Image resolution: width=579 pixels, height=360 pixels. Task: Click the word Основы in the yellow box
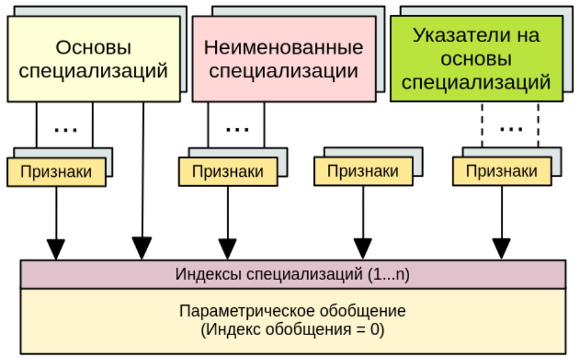[93, 47]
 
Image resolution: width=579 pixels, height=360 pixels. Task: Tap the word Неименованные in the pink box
[283, 47]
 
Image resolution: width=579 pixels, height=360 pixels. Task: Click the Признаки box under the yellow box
[56, 172]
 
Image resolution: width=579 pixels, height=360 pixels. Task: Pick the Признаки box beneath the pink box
[228, 172]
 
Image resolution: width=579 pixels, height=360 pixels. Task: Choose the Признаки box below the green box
[501, 172]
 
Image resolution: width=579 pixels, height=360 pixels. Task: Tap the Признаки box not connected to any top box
[363, 172]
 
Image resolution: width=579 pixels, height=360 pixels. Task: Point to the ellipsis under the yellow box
[65, 129]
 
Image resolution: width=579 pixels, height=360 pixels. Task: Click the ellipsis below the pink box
[237, 129]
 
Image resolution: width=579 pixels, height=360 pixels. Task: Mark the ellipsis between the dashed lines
[511, 128]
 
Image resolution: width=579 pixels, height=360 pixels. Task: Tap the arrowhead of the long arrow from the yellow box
[142, 249]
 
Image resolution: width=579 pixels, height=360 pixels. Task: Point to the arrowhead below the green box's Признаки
[501, 249]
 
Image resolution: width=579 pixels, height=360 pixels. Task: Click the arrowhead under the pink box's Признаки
[228, 249]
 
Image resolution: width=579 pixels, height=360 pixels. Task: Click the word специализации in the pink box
[283, 71]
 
